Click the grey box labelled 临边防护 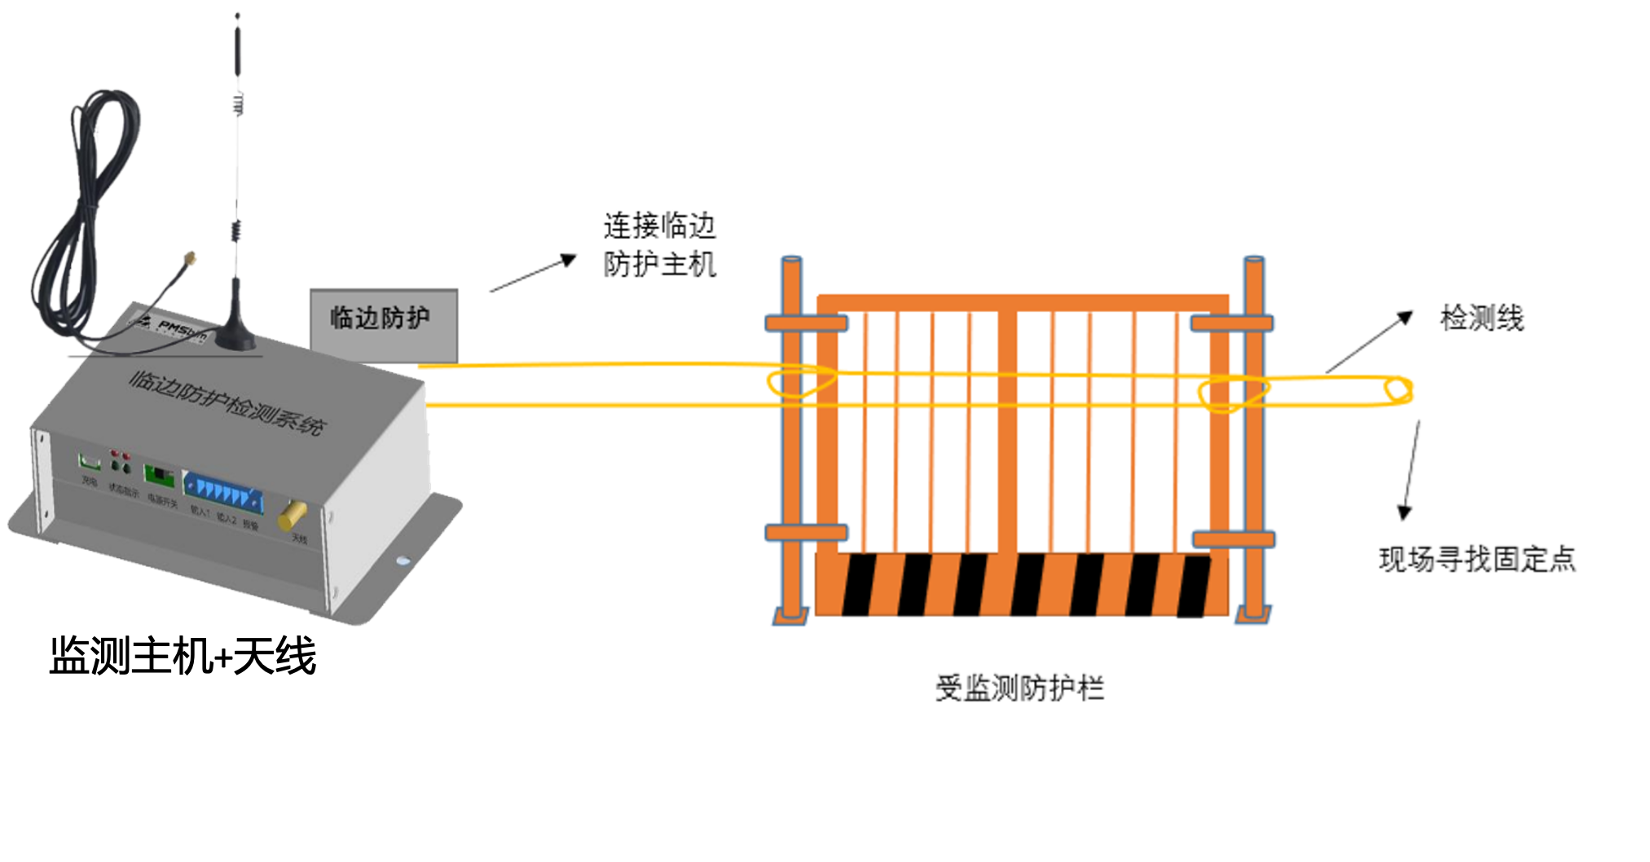383,324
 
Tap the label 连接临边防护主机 659,244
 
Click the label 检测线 1481,319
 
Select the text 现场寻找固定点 1476,560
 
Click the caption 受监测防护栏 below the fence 1019,688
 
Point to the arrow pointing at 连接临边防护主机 533,275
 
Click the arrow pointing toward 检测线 1369,342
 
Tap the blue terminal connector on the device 223,491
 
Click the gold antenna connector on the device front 292,515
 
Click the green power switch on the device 160,474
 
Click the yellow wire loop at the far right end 1397,391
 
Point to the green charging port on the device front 89,463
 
